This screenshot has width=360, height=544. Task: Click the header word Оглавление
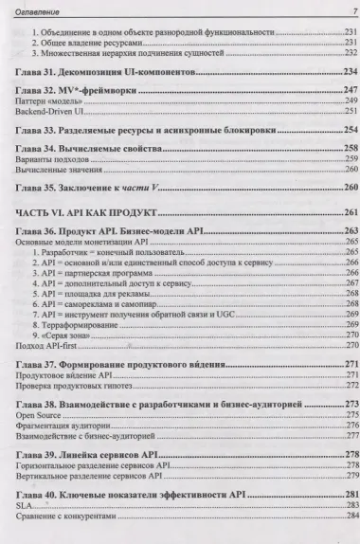pyautogui.click(x=39, y=9)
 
